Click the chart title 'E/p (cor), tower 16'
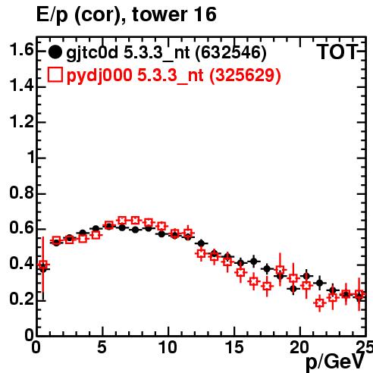coord(127,14)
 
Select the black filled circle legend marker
coord(55,52)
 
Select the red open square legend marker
coord(55,74)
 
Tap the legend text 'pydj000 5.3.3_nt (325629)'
coord(174,76)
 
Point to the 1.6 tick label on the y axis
coord(21,50)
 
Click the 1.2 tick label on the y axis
coord(21,122)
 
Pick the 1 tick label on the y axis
coord(31,158)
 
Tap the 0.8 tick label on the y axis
coord(21,193)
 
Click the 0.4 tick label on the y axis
coord(21,264)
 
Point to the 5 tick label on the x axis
coord(102,347)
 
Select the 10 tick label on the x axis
coord(168,347)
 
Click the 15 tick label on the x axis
coord(234,347)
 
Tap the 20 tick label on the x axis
coord(299,347)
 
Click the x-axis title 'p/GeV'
coord(335,362)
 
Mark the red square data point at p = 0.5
coord(43,265)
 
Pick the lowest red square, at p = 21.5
coord(320,302)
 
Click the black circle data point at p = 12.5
coord(201,243)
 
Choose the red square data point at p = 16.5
coord(254,281)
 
